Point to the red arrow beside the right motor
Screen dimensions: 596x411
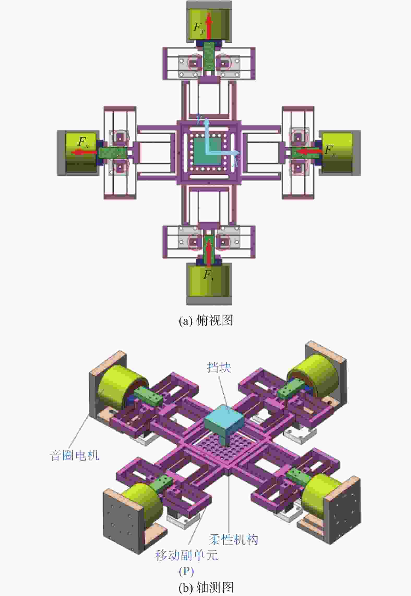[x=309, y=151]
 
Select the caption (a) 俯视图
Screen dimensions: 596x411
[x=206, y=320]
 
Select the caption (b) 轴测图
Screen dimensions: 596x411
[x=206, y=588]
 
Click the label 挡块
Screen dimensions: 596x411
[x=219, y=367]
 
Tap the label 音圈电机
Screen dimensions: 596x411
[x=74, y=455]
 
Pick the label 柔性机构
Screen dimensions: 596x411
[x=233, y=539]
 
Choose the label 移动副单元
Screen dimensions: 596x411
[x=186, y=555]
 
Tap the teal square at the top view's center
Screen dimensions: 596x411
[x=206, y=152]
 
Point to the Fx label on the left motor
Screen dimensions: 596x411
[x=83, y=142]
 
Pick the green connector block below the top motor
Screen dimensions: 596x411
[x=209, y=56]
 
